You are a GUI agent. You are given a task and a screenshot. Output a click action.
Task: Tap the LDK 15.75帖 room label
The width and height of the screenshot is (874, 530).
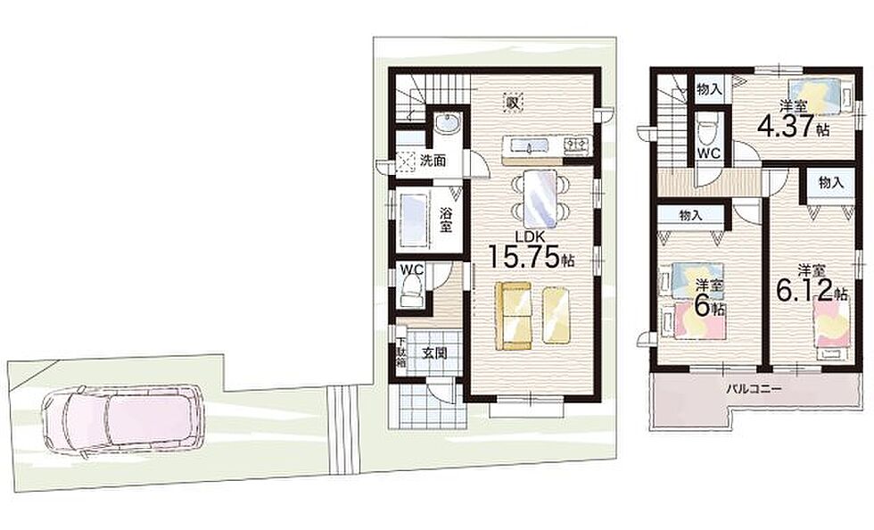532,251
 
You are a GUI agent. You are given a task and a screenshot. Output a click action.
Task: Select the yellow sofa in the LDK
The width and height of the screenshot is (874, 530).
514,316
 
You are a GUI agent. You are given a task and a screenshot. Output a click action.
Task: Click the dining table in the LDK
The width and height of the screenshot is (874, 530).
540,199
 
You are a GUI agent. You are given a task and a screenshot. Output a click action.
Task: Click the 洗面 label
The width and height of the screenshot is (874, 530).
433,161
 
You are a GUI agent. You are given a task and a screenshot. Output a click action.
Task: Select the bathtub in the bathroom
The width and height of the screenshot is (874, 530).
413,219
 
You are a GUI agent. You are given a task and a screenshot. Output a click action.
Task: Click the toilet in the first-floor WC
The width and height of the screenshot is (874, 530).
411,293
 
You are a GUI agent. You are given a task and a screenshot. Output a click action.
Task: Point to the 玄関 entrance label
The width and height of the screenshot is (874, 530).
433,353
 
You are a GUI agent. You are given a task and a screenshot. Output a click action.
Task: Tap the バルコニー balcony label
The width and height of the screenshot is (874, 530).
754,388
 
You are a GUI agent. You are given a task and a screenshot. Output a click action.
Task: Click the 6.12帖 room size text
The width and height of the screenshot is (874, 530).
812,290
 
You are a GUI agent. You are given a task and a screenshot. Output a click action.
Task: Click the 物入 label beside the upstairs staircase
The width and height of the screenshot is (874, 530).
710,89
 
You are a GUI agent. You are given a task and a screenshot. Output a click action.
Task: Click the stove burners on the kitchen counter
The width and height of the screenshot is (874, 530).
576,146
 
